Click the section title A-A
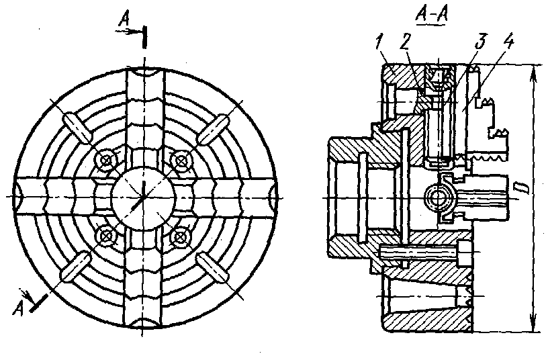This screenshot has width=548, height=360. tap(432, 15)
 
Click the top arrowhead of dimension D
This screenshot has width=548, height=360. tap(533, 73)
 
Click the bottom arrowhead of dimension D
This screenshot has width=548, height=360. tap(533, 324)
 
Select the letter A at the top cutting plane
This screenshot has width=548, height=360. tap(124, 19)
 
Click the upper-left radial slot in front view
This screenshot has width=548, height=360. tap(77, 127)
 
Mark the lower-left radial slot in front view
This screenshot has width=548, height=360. tap(76, 267)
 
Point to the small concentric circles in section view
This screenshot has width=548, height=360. tap(437, 198)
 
